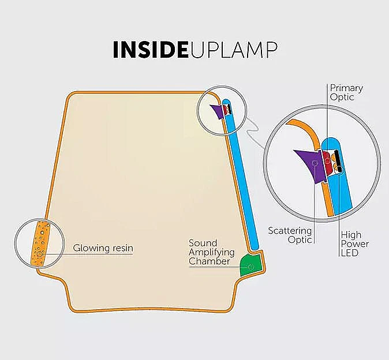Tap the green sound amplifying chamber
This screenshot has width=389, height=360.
tap(252, 264)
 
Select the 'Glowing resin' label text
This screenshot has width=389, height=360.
tap(103, 249)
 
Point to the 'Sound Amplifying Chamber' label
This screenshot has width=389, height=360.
tap(211, 252)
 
